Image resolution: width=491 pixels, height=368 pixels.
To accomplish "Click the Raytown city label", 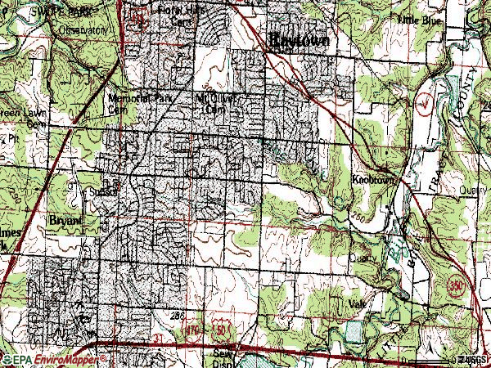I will click(300, 39).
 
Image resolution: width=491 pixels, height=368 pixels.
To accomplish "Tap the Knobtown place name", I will click(374, 177).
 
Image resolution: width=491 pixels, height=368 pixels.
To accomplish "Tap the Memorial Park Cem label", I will click(130, 102).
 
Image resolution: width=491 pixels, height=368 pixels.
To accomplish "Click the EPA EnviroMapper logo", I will click(54, 359).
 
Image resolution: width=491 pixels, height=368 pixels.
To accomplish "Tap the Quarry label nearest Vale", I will click(361, 256).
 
